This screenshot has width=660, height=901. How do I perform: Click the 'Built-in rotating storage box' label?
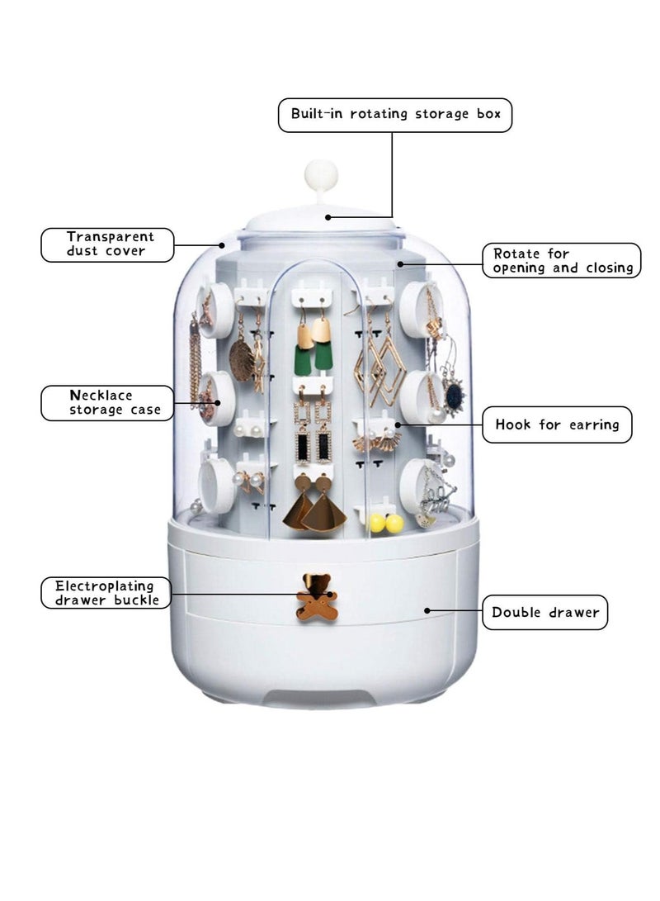click(x=395, y=114)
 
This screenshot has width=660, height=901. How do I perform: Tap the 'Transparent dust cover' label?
click(x=108, y=244)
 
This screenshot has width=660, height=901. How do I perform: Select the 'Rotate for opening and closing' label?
click(x=561, y=260)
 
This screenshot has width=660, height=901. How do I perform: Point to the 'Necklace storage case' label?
click(x=107, y=402)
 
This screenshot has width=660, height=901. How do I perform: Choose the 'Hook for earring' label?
click(x=557, y=424)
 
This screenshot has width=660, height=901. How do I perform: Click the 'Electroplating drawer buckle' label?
click(x=107, y=592)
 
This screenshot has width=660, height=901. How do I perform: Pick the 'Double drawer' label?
click(x=544, y=612)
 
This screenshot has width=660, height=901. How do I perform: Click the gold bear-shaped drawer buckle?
click(x=318, y=595)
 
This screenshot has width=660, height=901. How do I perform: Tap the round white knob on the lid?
click(x=322, y=174)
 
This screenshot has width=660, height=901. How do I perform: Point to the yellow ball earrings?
click(x=385, y=523)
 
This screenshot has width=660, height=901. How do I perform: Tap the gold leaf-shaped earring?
click(x=241, y=361)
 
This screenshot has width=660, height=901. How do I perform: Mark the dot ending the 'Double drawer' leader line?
click(x=427, y=611)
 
